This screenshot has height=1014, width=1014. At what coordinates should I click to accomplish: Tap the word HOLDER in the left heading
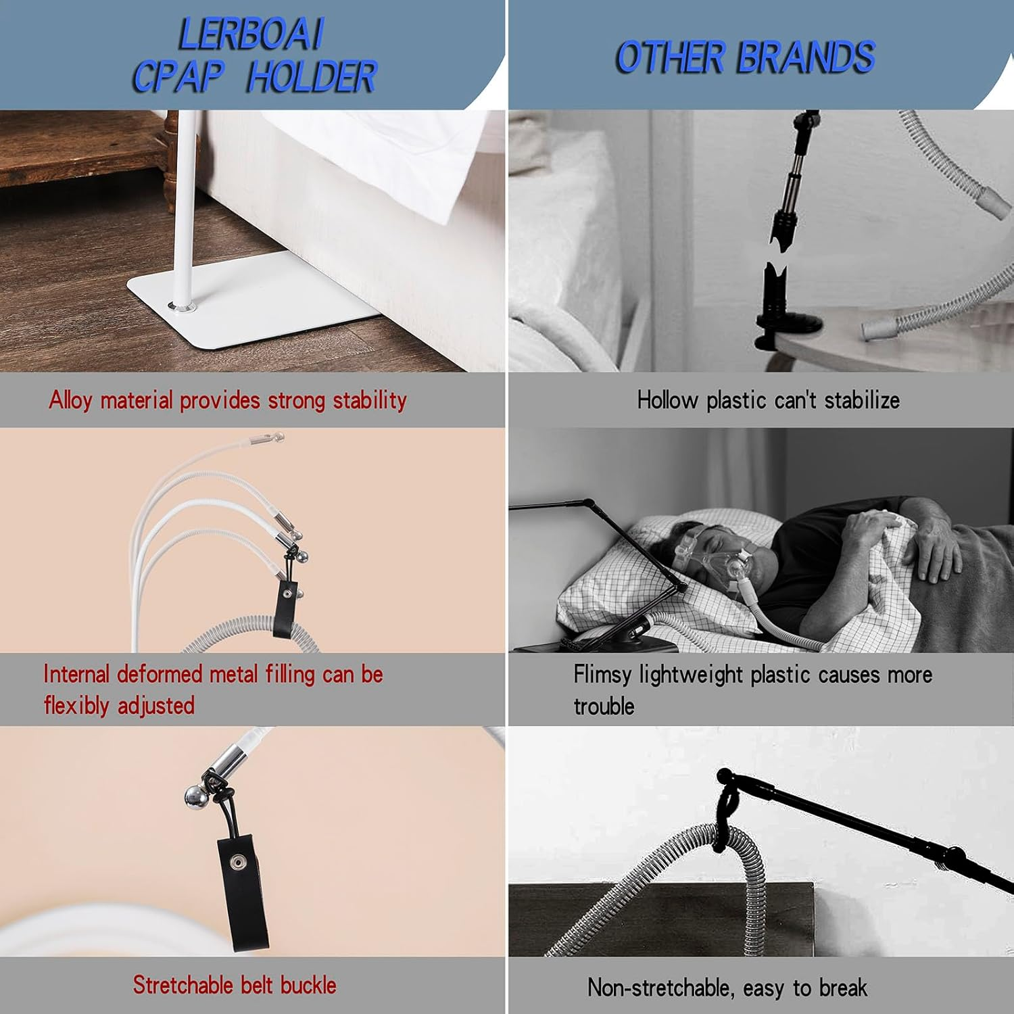point(312,76)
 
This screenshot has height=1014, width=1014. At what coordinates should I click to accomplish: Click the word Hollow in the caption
point(667,400)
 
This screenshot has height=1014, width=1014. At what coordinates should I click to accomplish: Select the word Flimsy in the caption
point(602,675)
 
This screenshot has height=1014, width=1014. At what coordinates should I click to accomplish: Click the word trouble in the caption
point(604,706)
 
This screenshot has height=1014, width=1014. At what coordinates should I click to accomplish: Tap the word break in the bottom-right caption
point(842,988)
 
